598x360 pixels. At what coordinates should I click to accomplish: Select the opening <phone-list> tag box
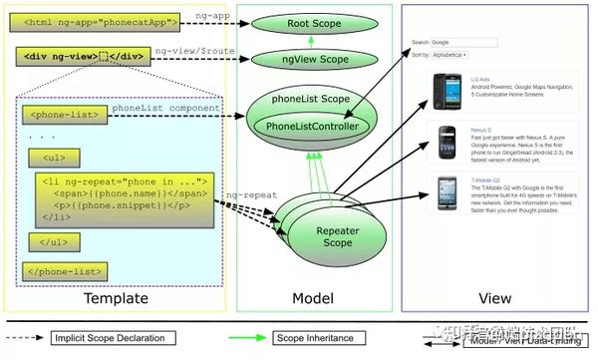pyautogui.click(x=62, y=115)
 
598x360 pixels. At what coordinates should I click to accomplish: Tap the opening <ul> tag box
pyautogui.click(x=56, y=158)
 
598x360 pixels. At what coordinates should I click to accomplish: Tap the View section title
pyautogui.click(x=494, y=297)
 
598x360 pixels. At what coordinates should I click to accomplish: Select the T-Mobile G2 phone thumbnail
pyautogui.click(x=444, y=192)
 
